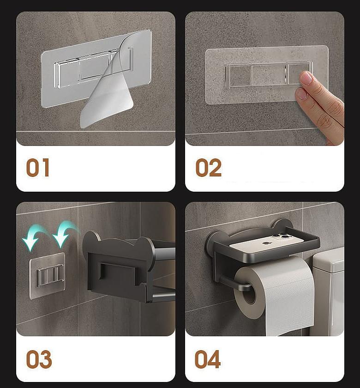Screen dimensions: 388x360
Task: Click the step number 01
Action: [37, 168]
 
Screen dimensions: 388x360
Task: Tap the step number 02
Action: [208, 168]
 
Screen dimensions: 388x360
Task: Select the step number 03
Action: [38, 359]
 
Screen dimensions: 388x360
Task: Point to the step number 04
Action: [207, 359]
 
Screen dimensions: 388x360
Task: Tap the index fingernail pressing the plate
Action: [306, 78]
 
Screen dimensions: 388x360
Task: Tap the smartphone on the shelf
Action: [267, 243]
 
